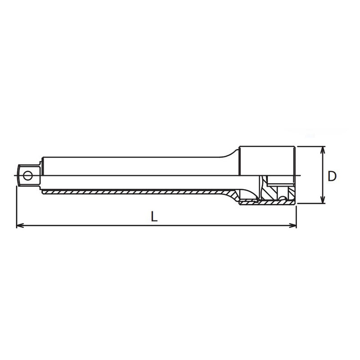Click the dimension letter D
click(332, 176)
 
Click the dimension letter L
click(154, 216)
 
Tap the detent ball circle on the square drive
click(28, 175)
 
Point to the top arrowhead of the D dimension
click(323, 150)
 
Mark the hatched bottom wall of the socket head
click(268, 203)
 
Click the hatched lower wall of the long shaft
click(135, 192)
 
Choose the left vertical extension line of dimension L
click(17, 207)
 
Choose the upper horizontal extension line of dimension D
click(310, 146)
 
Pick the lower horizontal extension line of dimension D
click(310, 203)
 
